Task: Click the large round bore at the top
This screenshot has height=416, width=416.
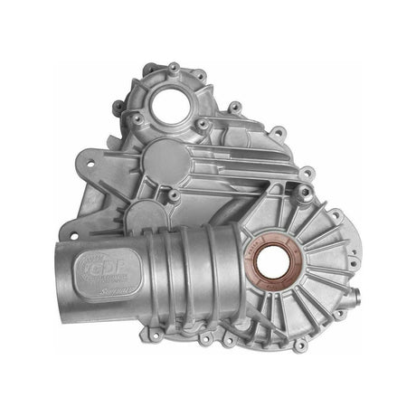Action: point(169,108)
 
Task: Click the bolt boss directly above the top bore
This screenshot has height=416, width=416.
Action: point(173,67)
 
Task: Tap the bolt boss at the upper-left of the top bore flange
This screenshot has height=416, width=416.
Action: point(137,83)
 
